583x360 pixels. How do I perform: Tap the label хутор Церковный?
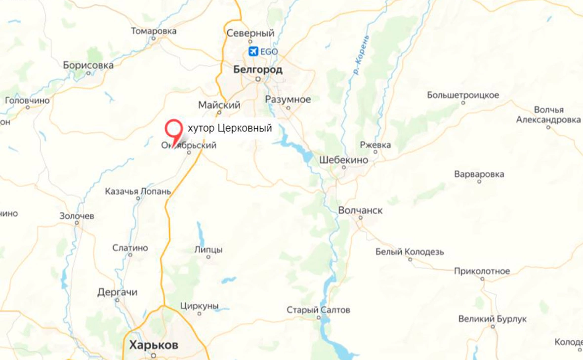click(x=230, y=128)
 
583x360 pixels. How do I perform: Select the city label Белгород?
click(x=258, y=70)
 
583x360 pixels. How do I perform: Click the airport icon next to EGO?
click(x=253, y=51)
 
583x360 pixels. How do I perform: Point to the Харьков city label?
click(x=154, y=345)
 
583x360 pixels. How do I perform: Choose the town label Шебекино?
click(x=344, y=160)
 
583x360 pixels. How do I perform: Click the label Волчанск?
click(x=361, y=210)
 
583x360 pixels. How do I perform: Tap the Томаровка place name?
click(x=154, y=31)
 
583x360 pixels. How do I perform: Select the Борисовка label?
click(x=88, y=65)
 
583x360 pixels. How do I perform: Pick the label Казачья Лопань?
click(x=138, y=192)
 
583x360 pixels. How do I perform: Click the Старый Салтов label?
click(x=318, y=310)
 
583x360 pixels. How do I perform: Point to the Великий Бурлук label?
click(x=493, y=319)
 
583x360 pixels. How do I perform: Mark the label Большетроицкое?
click(x=463, y=95)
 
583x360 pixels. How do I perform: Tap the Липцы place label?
click(x=208, y=250)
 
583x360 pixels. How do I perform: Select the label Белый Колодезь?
click(x=410, y=252)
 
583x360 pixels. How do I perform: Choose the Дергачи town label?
click(x=117, y=292)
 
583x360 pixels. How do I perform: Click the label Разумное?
click(x=288, y=100)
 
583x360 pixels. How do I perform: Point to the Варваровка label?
click(x=479, y=174)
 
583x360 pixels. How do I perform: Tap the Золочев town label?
click(x=77, y=216)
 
